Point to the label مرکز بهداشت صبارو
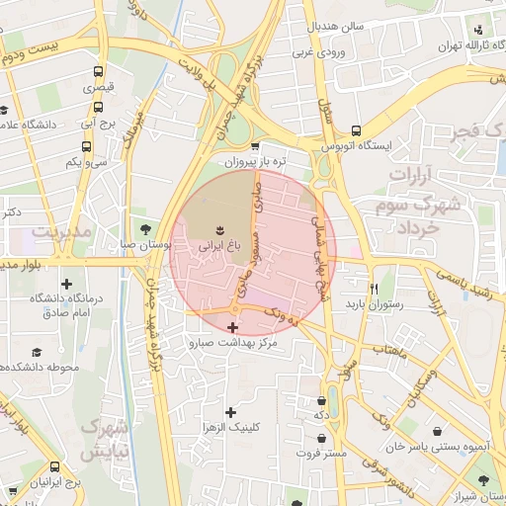(232, 343)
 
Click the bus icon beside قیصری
(98, 72)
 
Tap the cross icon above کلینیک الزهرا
(231, 411)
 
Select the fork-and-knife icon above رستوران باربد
(374, 288)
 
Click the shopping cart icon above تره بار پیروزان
(256, 145)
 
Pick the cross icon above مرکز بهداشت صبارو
(233, 327)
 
